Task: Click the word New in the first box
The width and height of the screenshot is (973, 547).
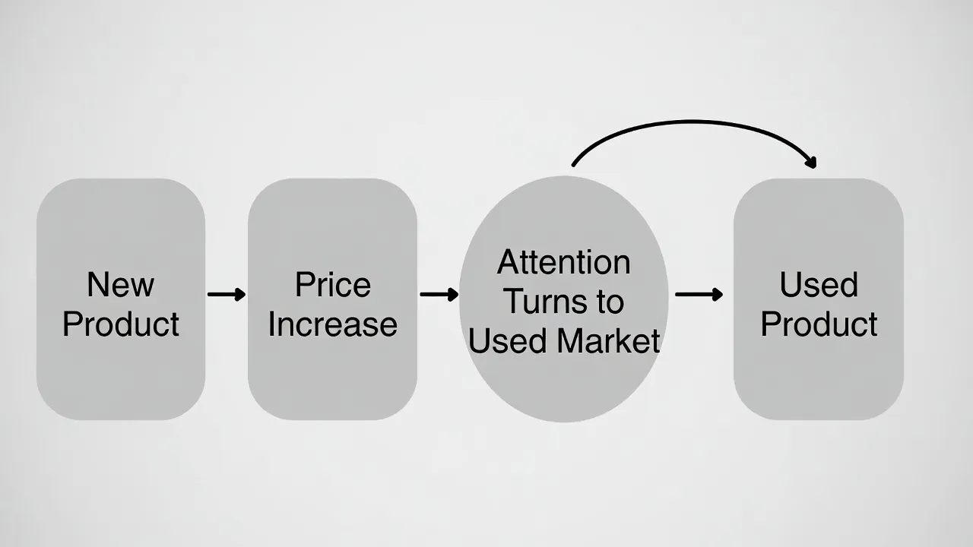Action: point(121,285)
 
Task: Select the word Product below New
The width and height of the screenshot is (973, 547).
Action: point(121,324)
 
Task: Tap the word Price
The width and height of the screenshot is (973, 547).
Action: point(333,285)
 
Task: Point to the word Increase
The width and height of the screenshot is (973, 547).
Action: point(333,324)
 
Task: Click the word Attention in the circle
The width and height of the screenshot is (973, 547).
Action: point(564,262)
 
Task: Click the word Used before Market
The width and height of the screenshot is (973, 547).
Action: point(508,340)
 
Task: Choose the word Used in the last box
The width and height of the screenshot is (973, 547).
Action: point(819,285)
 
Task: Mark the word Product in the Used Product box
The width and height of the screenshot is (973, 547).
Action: point(819,324)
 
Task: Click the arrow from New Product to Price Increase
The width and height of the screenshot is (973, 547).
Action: point(227,294)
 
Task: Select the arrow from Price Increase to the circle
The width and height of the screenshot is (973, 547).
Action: point(439,294)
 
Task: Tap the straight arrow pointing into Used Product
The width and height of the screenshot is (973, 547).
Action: point(699,294)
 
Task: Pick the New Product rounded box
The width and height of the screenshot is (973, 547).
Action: point(121,299)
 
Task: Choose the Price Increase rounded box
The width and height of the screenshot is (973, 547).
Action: point(333,299)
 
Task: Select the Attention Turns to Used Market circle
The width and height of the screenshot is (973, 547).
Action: point(564,299)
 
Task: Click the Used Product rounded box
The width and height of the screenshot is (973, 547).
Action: point(819,299)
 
